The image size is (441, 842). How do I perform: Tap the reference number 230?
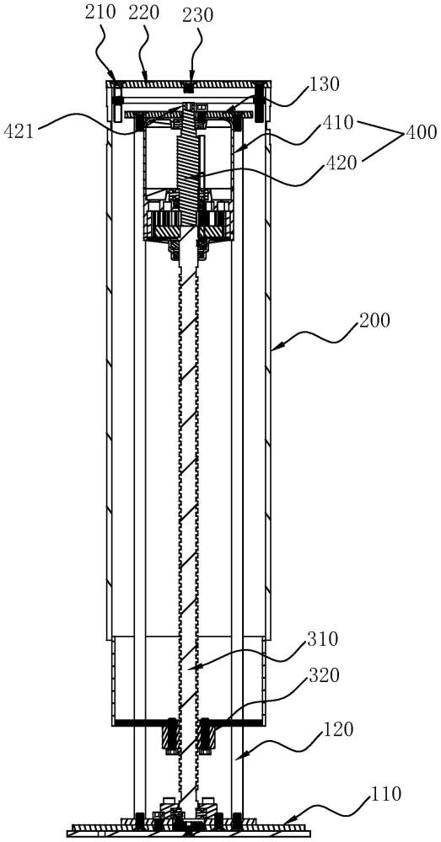coord(198,15)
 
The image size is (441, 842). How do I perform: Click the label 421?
coord(19,131)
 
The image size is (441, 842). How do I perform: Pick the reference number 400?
coord(422,132)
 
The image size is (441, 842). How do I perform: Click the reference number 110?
coord(387,794)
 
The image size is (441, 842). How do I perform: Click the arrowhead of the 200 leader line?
coord(274,349)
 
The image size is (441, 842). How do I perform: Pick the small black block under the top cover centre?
coord(188,87)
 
